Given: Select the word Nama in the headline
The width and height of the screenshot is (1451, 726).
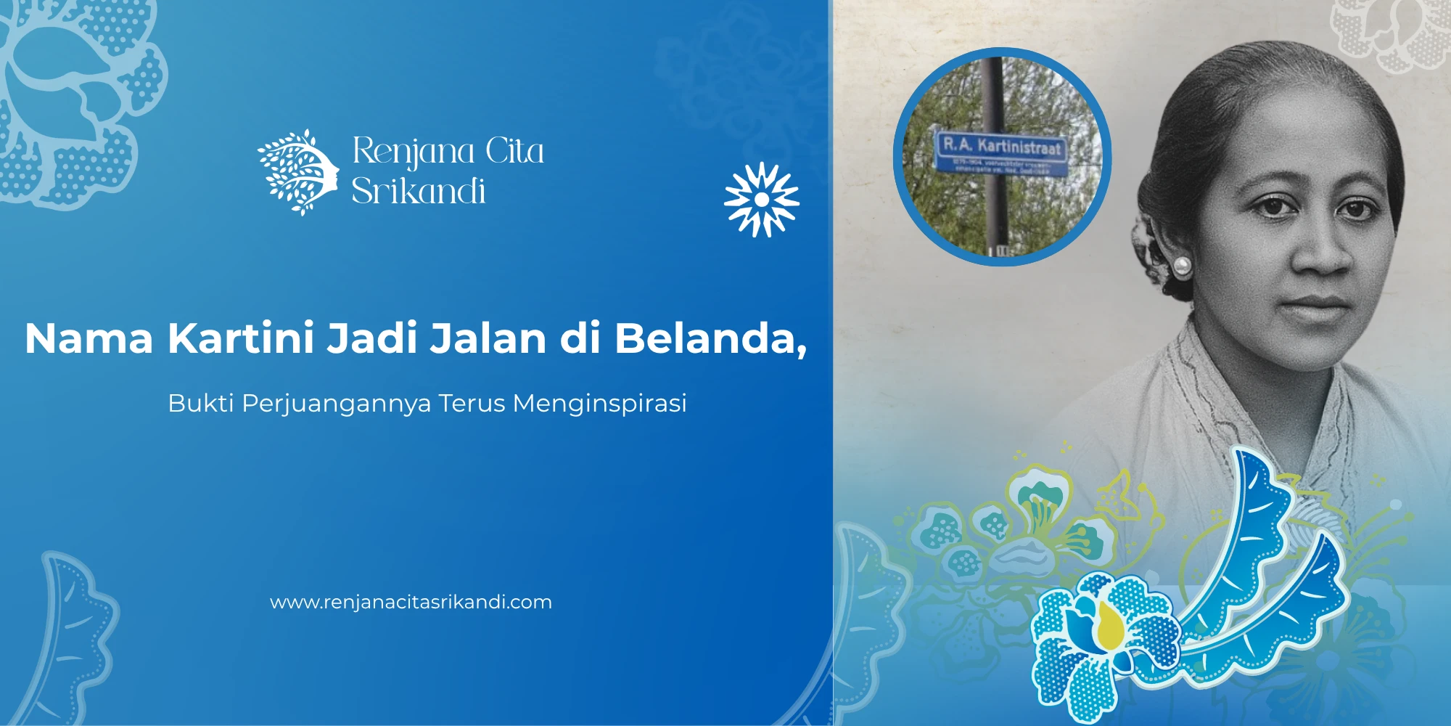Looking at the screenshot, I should click(x=89, y=338).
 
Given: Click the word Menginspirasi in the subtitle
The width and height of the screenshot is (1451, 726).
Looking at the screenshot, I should click(x=599, y=403).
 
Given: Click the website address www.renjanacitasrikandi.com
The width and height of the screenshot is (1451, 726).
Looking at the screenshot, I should click(x=411, y=602).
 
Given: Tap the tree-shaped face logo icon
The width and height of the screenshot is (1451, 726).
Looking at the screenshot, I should click(x=298, y=173).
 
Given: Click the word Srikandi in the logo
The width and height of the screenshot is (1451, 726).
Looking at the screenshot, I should click(x=419, y=192).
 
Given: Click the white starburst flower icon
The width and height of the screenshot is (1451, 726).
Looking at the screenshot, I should click(x=761, y=200).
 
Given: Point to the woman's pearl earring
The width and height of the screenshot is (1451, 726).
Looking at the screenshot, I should click(x=1181, y=266).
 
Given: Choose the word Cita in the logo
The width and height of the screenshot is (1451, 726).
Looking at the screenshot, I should click(x=514, y=151).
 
